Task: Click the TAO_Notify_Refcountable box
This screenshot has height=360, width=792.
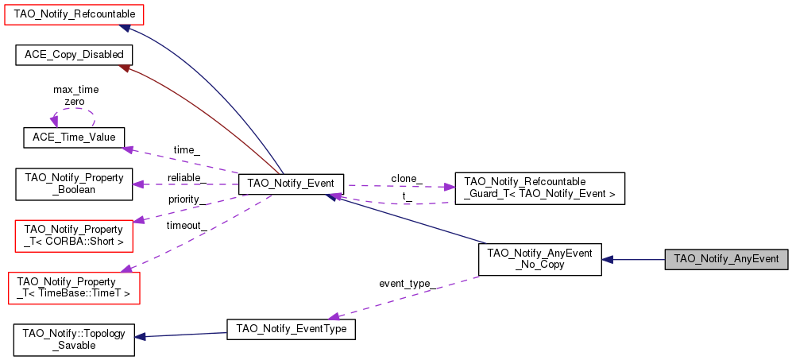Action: coord(74,14)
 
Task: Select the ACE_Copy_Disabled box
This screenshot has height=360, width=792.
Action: coord(74,55)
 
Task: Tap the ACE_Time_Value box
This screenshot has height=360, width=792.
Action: coord(74,137)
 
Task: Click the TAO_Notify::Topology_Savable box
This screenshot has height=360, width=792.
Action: coord(74,340)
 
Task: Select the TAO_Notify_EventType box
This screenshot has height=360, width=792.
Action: coord(291,329)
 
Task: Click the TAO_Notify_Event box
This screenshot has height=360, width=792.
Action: coord(291,184)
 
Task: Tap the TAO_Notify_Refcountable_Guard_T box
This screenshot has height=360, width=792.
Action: coord(540,188)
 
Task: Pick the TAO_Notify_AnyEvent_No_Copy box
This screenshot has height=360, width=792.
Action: coord(540,259)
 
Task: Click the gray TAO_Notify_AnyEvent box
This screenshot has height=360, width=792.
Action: coord(726,259)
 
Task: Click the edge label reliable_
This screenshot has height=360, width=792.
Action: coord(187,177)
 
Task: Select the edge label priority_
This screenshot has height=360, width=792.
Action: coord(187,199)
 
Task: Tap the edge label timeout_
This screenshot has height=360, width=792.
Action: coord(187,226)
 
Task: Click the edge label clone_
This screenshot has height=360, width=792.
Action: coord(407,179)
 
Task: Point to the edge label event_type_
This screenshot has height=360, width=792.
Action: coord(407,283)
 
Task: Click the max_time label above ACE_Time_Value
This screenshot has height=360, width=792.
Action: coord(75,90)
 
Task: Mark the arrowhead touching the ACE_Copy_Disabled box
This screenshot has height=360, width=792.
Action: coord(124,68)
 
